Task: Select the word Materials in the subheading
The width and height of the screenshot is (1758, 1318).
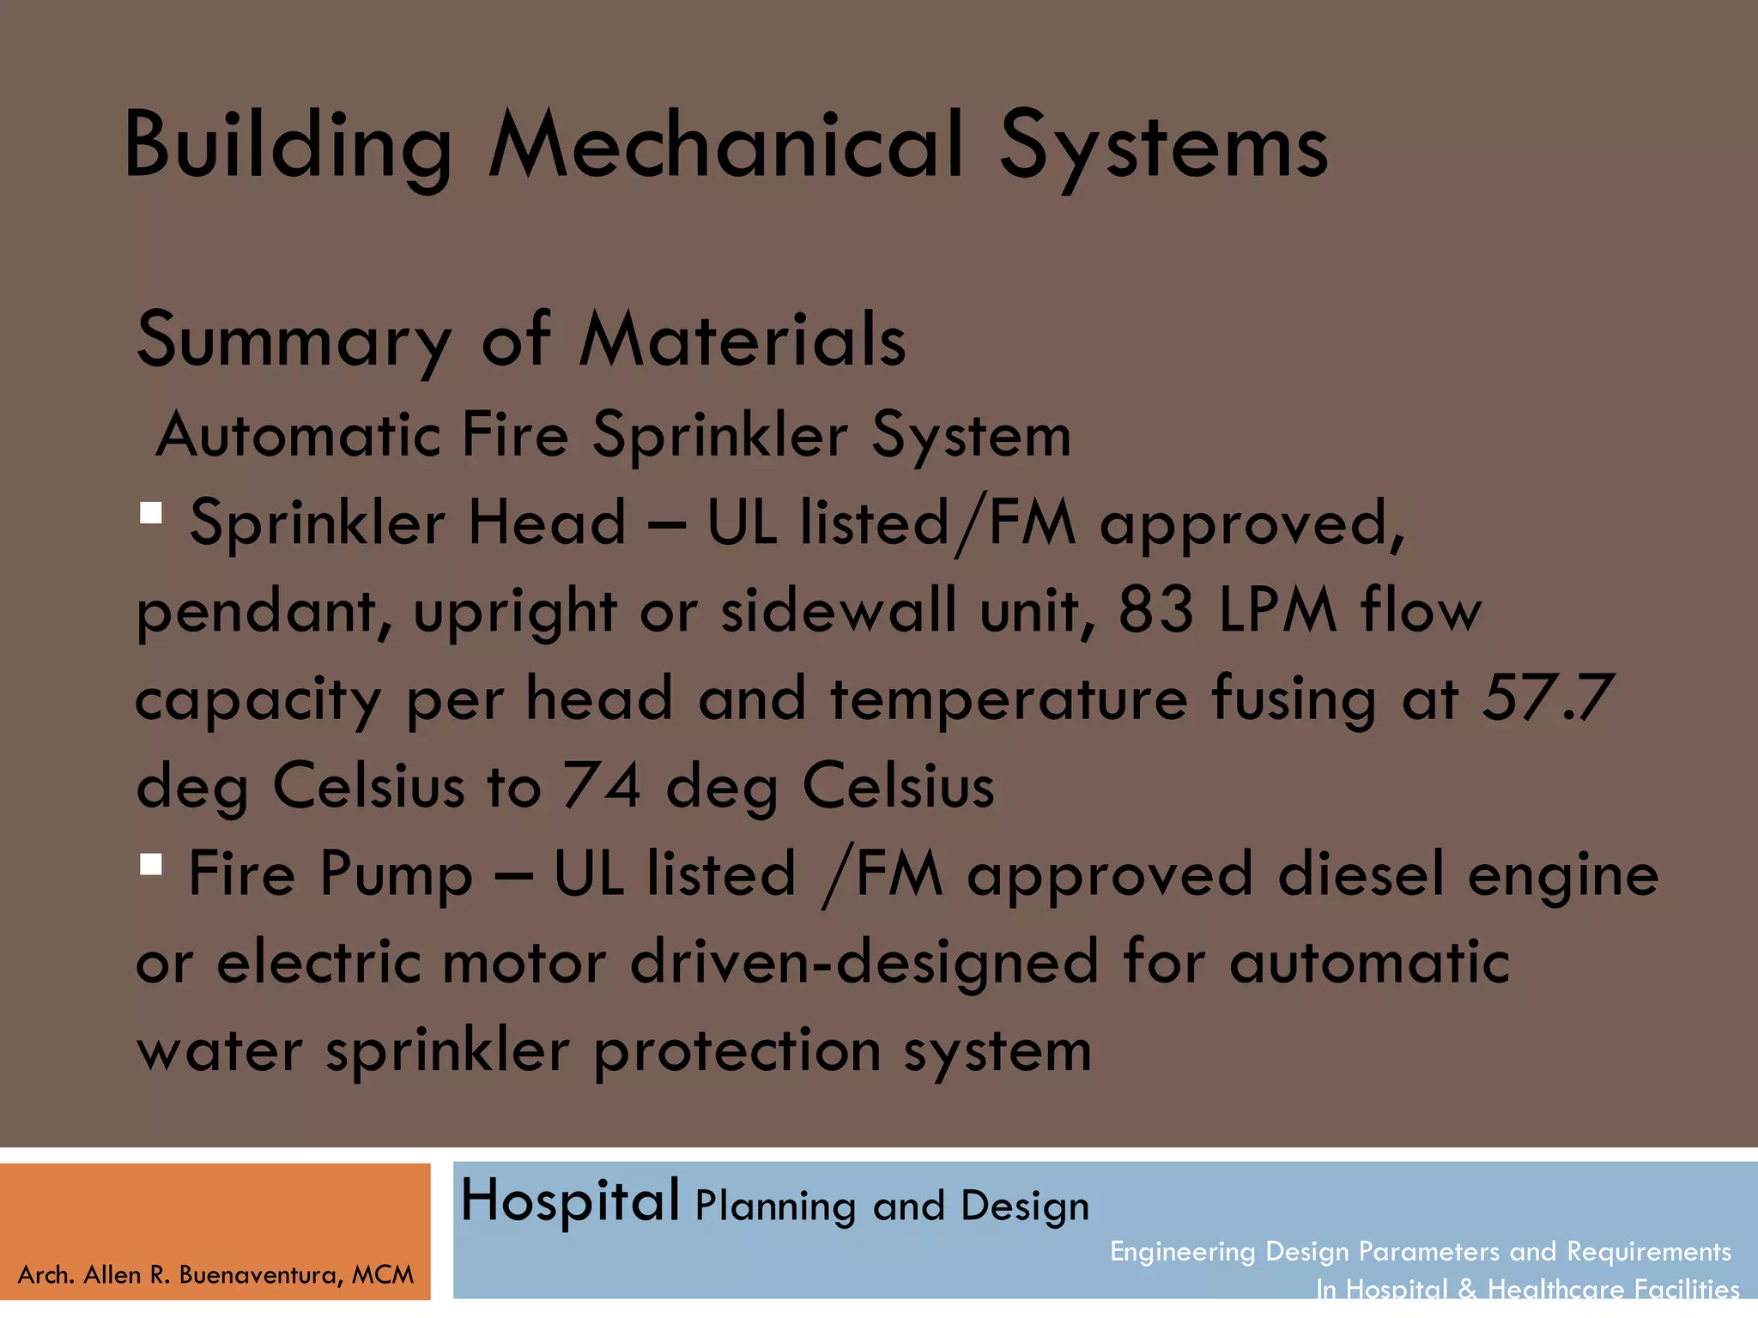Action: [743, 340]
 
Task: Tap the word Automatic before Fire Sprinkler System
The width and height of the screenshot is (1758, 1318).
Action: [297, 435]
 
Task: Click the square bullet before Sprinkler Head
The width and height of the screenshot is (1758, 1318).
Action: [151, 513]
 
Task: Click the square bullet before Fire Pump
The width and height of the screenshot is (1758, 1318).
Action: [151, 863]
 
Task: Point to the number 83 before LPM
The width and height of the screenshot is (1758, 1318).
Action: [1156, 611]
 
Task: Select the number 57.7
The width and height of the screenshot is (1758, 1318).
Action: [1548, 698]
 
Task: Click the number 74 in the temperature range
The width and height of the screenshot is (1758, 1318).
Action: [602, 786]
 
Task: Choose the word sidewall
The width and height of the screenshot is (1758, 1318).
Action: [838, 611]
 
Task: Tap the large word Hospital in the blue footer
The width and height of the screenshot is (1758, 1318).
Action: [570, 1201]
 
